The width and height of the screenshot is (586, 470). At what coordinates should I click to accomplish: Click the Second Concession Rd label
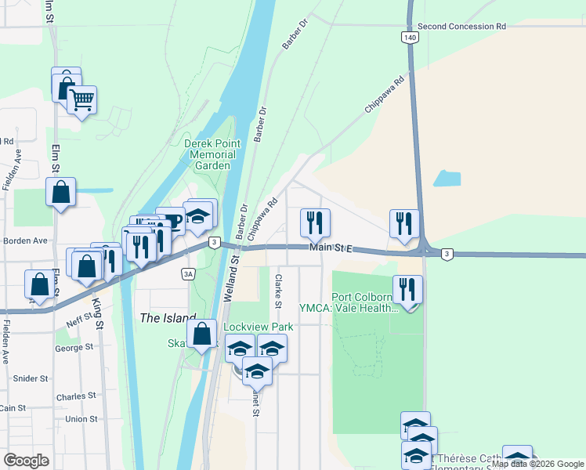coord(461,26)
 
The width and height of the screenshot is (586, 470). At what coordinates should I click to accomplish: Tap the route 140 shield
coord(411,37)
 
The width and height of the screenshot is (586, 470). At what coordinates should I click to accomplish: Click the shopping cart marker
coord(81,100)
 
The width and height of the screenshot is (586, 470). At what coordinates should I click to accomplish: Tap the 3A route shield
coord(187,273)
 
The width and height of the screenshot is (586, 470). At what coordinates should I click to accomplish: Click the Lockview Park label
coord(247,326)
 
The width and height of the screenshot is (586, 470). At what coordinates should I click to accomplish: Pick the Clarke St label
coord(277,291)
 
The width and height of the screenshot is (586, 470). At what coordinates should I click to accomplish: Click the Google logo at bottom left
coord(26,461)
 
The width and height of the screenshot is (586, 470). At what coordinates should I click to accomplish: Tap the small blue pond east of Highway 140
coord(447,179)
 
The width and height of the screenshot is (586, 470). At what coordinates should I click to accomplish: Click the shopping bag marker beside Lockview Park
coord(202,334)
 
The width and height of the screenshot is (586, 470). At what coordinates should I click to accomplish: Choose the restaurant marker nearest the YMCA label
coord(407,290)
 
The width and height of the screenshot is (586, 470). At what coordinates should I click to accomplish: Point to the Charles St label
coord(75,396)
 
